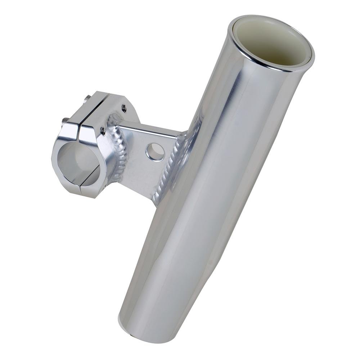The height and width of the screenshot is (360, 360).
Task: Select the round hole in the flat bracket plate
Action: (x=156, y=152)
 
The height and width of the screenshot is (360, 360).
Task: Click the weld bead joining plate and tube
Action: (x=169, y=169)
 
